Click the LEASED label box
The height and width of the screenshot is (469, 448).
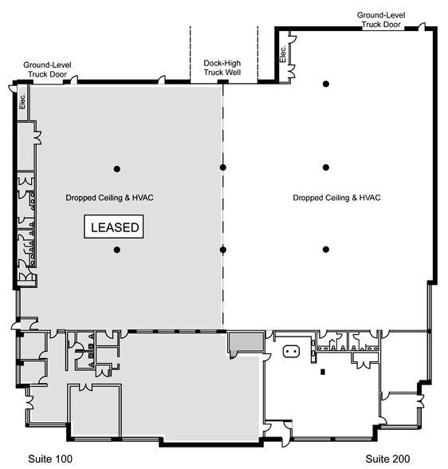click(x=115, y=227)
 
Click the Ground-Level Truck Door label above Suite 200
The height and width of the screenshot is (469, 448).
click(x=381, y=19)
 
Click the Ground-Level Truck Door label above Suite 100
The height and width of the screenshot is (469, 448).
click(x=47, y=69)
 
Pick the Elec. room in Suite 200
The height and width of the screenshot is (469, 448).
click(x=284, y=54)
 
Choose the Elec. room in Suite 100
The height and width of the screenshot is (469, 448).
click(x=22, y=102)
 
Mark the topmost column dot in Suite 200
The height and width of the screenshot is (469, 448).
click(x=326, y=84)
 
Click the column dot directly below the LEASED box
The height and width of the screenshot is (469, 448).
click(x=116, y=250)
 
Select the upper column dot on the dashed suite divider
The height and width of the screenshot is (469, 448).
click(x=224, y=167)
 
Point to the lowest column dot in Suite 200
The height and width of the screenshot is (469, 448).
click(x=326, y=250)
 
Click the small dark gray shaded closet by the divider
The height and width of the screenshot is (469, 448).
click(x=239, y=342)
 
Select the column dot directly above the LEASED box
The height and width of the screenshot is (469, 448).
click(x=116, y=167)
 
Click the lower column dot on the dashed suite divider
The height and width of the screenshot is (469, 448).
click(x=224, y=250)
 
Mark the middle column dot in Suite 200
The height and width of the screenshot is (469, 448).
click(x=326, y=167)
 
